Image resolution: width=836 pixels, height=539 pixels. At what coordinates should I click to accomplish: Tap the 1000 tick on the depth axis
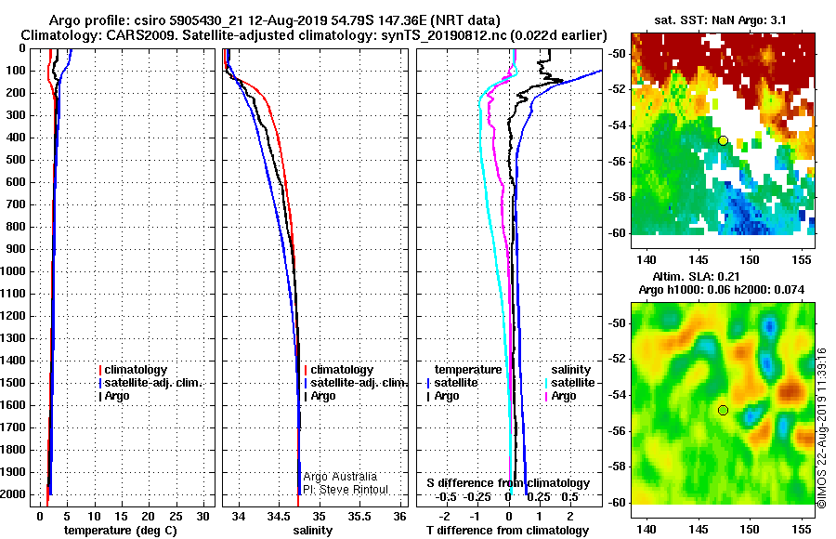(x=14, y=271)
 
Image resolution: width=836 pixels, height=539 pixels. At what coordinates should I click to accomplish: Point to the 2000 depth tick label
(x=14, y=494)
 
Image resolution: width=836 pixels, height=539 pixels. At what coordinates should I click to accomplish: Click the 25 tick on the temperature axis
(x=176, y=517)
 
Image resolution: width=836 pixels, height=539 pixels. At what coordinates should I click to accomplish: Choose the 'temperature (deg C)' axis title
(x=121, y=531)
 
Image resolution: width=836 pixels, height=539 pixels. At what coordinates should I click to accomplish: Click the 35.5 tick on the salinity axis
(x=359, y=517)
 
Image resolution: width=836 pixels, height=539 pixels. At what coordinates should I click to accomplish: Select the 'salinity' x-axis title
(x=313, y=531)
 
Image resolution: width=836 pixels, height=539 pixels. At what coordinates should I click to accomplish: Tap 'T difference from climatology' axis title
(x=507, y=531)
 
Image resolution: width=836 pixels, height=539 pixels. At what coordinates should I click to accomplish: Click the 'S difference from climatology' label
(x=508, y=483)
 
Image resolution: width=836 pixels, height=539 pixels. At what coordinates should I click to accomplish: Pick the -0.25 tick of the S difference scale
(x=477, y=497)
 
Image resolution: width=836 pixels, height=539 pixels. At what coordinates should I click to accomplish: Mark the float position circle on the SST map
(x=723, y=141)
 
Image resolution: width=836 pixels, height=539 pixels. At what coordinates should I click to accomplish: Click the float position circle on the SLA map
(x=723, y=411)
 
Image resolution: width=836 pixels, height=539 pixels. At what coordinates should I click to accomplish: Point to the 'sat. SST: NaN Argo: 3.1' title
(x=720, y=20)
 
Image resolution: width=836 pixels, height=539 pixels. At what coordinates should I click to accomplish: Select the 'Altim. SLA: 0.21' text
(x=696, y=276)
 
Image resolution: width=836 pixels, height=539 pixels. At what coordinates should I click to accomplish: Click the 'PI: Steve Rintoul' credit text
(x=346, y=490)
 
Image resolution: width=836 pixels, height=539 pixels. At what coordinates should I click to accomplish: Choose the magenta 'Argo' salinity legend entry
(x=560, y=396)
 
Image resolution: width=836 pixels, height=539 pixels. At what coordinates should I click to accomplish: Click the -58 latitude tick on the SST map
(x=618, y=197)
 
